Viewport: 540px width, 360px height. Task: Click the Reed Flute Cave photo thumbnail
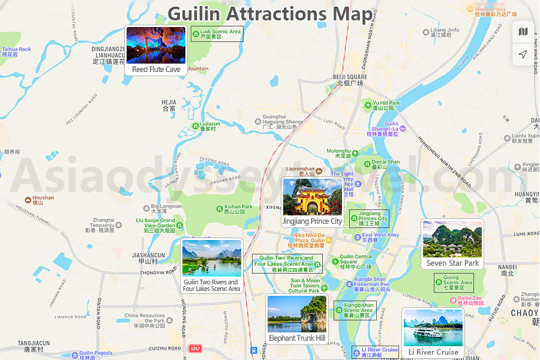tap(156, 46)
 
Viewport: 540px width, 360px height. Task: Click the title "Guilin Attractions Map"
tap(269, 14)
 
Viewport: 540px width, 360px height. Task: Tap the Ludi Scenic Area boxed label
tap(217, 34)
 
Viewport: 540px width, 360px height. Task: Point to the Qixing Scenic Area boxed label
tap(454, 283)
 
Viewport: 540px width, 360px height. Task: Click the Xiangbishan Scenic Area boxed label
tap(355, 310)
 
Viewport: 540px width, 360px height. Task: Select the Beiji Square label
tap(350, 80)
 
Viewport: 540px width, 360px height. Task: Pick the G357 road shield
tap(195, 349)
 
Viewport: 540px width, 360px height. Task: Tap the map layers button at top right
tap(523, 32)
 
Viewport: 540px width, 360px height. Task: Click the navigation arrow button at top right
tap(523, 55)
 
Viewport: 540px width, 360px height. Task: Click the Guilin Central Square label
tap(355, 262)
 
